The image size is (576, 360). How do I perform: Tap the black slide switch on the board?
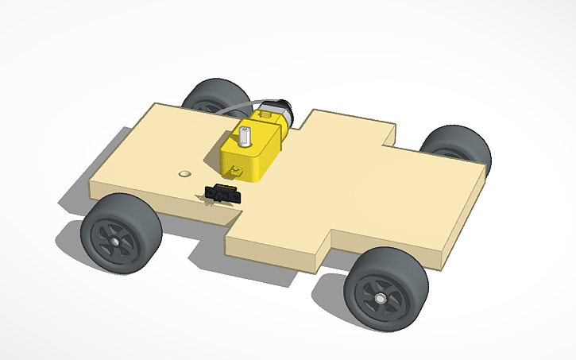[x=222, y=193]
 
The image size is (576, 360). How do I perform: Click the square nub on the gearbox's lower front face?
[x=237, y=170]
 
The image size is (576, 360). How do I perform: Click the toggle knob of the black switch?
[x=221, y=188]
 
